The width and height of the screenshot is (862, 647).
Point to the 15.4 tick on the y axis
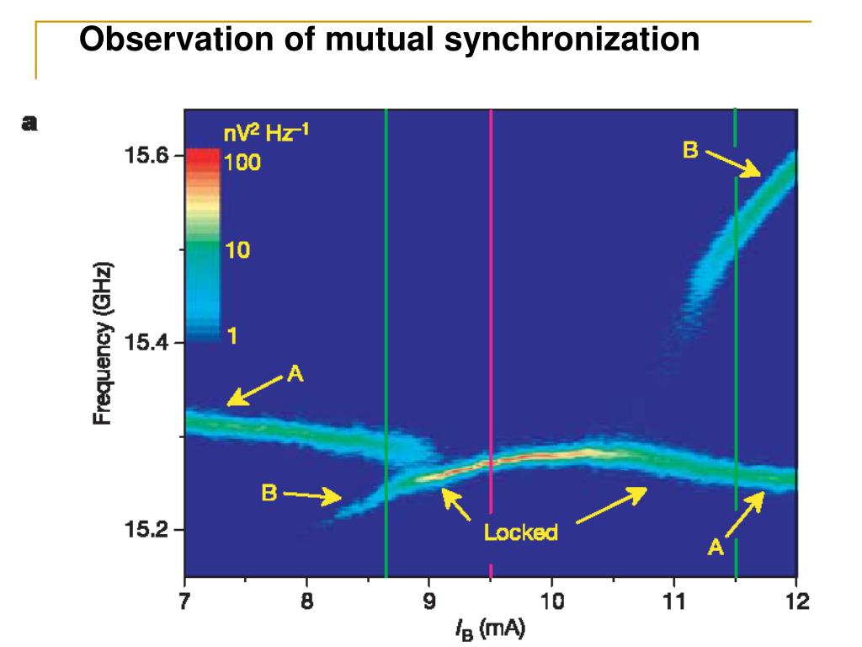tap(147, 343)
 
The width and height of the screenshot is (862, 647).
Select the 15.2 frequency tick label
tap(147, 530)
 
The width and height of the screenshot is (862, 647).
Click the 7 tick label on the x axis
tap(185, 602)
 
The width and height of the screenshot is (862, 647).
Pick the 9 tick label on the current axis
tap(429, 602)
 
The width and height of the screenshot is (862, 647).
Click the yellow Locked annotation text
tap(520, 532)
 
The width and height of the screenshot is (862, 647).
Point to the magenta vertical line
tap(490, 337)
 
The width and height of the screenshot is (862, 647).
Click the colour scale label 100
tap(242, 163)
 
